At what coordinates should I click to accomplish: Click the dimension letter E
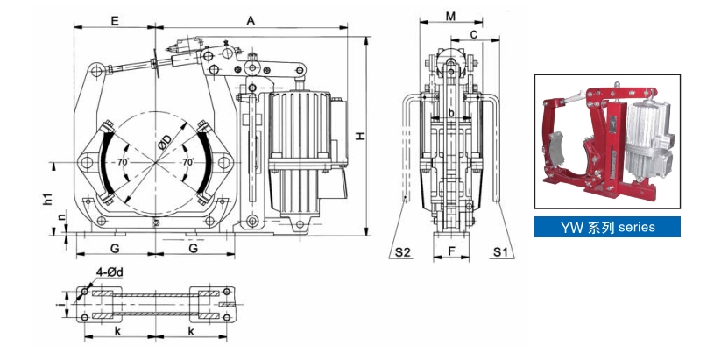pyautogui.click(x=116, y=18)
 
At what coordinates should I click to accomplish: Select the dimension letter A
pyautogui.click(x=251, y=18)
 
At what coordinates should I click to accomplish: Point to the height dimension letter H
pyautogui.click(x=362, y=136)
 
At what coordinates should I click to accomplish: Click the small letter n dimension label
pyautogui.click(x=60, y=215)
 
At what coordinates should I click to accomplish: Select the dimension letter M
pyautogui.click(x=451, y=17)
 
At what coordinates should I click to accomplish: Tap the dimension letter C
pyautogui.click(x=474, y=34)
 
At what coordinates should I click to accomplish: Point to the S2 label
pyautogui.click(x=402, y=252)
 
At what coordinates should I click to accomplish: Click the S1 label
pyautogui.click(x=500, y=252)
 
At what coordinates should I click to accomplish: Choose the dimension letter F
pyautogui.click(x=451, y=252)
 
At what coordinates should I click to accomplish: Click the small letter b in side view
pyautogui.click(x=451, y=113)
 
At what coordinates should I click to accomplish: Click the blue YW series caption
pyautogui.click(x=608, y=227)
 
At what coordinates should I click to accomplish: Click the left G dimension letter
pyautogui.click(x=115, y=248)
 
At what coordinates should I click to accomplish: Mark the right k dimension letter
pyautogui.click(x=191, y=333)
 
